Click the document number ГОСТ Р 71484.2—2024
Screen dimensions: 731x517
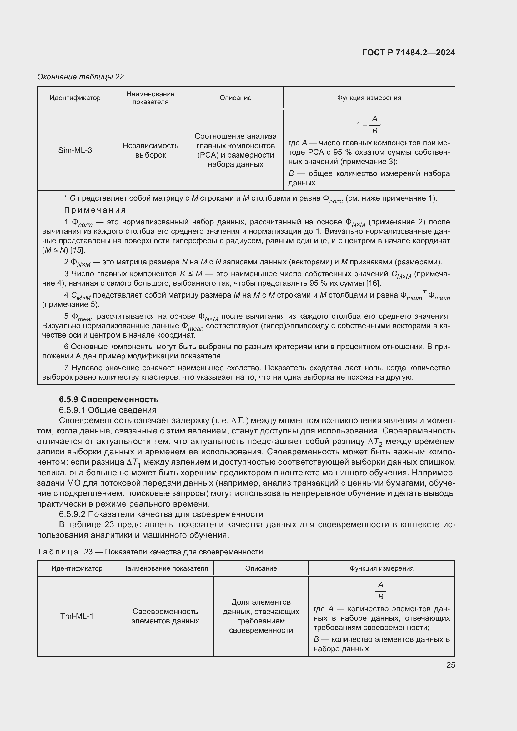point(409,53)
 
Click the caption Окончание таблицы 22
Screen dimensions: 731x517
point(80,77)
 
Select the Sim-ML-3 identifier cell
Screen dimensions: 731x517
point(75,150)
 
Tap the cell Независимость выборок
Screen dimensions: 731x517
point(150,150)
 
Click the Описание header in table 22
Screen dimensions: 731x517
point(235,98)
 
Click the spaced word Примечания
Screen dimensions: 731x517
point(94,210)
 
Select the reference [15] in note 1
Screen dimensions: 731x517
point(79,250)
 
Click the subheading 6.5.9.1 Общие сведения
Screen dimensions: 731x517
point(107,410)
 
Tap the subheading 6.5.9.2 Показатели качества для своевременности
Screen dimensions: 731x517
point(161,514)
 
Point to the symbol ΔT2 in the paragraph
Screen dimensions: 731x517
point(375,442)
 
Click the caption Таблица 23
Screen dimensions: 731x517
point(150,552)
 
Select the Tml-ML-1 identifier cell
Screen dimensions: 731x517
point(77,616)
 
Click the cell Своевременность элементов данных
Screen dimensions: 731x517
point(165,616)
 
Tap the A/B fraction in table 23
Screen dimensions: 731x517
point(380,591)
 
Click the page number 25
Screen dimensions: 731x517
point(450,665)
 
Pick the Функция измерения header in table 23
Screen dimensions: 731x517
point(381,568)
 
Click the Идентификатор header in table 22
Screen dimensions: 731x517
point(75,98)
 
